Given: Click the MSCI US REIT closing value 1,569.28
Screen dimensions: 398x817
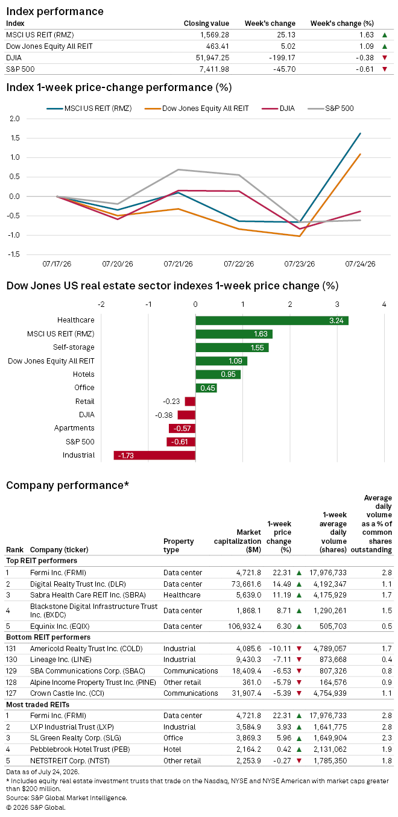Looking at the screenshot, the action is tap(214, 34).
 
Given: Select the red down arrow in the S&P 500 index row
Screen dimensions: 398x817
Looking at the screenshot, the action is tap(385, 69).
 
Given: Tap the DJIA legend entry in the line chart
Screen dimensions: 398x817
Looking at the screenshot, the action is tap(279, 109).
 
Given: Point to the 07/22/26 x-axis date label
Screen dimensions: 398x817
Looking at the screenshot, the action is tap(239, 263).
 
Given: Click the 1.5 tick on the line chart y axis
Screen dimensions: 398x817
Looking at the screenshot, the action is tap(14, 138).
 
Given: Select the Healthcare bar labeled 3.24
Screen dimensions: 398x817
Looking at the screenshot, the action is tap(272, 321).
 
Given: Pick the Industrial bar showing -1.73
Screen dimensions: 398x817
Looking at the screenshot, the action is tap(154, 455).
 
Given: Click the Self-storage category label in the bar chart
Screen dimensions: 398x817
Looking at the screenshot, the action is tap(74, 347).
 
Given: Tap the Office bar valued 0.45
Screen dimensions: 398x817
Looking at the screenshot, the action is tap(206, 388).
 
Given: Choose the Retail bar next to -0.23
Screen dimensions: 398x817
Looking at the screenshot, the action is tap(190, 402).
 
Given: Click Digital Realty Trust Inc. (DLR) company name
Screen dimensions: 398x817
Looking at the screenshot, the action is tap(78, 584).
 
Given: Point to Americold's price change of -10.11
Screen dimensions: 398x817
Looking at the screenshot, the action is tap(280, 649).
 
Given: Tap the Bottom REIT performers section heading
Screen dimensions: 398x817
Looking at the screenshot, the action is tap(48, 637).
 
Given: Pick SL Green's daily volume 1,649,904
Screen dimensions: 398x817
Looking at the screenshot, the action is tap(330, 738).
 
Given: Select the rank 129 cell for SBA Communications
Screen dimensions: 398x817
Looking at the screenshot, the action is tap(11, 670).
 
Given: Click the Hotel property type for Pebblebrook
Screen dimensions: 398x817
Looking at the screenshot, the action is tap(172, 749).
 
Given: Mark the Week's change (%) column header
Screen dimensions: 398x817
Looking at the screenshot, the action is tap(342, 24).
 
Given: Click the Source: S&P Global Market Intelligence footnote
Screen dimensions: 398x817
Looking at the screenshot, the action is tap(66, 798).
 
